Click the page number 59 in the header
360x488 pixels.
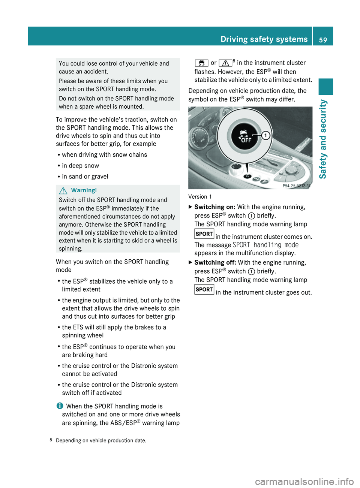click(x=323, y=40)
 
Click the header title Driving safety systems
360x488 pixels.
click(x=264, y=39)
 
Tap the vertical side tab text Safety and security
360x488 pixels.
click(x=322, y=139)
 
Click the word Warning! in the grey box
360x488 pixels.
click(x=84, y=190)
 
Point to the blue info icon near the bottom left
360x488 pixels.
click(x=60, y=406)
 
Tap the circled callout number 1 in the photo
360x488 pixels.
click(x=265, y=135)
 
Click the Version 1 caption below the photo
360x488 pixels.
click(x=200, y=197)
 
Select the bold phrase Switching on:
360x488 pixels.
click(x=215, y=207)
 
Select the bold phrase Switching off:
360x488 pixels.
click(x=215, y=262)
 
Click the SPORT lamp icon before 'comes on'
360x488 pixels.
click(x=204, y=234)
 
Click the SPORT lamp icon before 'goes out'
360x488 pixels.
click(x=204, y=289)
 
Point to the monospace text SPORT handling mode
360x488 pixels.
click(x=265, y=245)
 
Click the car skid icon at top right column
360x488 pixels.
click(x=201, y=63)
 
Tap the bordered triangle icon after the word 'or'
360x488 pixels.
click(x=225, y=63)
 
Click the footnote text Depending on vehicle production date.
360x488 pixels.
click(x=101, y=440)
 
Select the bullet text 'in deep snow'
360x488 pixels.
click(x=80, y=166)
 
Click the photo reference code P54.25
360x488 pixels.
click(x=296, y=186)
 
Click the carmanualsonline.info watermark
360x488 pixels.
click(x=304, y=481)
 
